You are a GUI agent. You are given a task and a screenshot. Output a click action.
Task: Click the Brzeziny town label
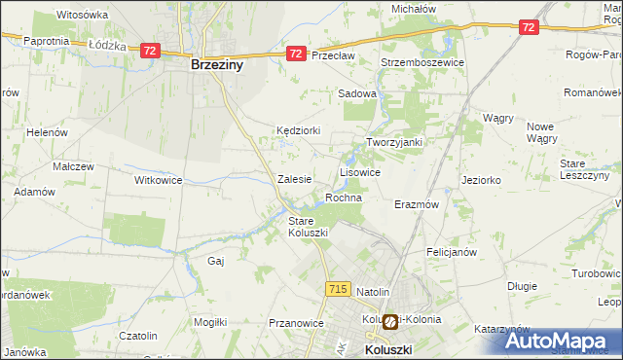(216, 67)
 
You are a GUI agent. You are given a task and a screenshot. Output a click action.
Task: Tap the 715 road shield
(338, 289)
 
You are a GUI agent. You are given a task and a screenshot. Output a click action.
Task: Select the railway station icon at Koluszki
(389, 320)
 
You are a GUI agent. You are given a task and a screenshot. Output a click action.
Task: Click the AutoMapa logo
(561, 341)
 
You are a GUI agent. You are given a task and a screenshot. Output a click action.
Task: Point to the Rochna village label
(344, 198)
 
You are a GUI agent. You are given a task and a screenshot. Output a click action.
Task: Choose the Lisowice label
(359, 171)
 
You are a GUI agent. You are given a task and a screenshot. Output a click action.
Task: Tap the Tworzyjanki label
(393, 142)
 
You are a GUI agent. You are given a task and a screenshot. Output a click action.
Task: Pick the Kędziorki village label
(298, 130)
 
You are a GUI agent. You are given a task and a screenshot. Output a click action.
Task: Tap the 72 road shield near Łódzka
(149, 50)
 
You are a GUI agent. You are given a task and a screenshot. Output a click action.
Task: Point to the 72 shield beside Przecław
(296, 55)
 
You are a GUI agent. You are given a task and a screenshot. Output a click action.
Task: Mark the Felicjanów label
(450, 252)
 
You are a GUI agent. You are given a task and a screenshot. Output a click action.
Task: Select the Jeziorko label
(481, 180)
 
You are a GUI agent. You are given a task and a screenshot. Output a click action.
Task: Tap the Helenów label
(46, 132)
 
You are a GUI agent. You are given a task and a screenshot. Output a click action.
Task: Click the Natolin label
(373, 292)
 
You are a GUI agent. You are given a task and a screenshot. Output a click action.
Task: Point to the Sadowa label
(356, 94)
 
